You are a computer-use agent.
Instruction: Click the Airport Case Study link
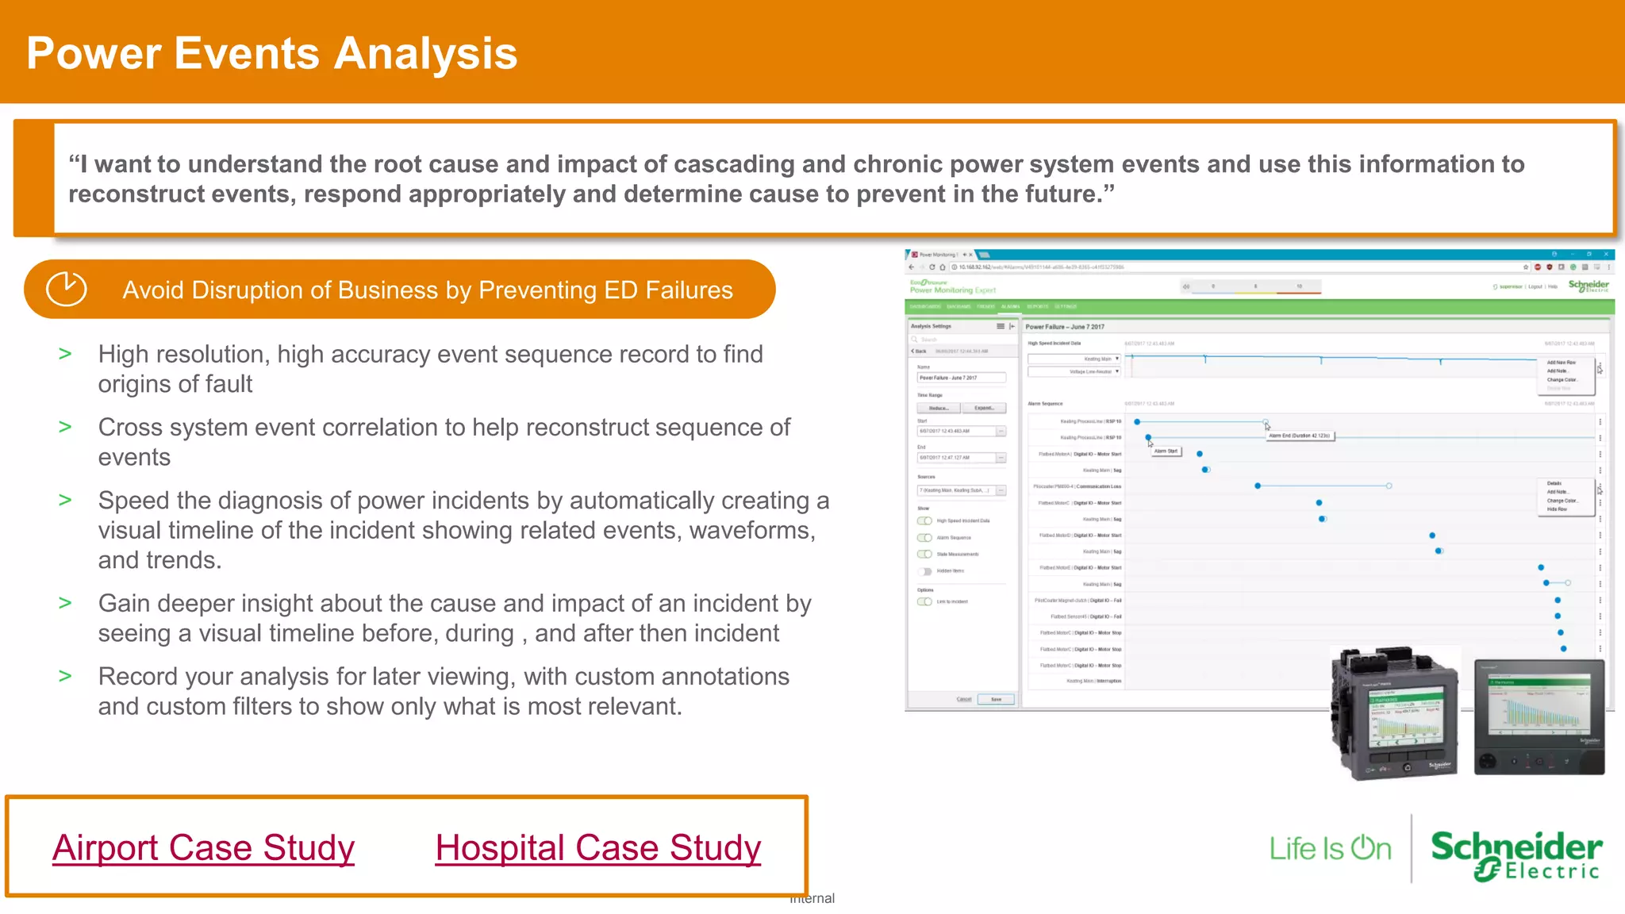(x=203, y=847)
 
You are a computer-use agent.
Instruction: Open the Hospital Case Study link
(x=597, y=847)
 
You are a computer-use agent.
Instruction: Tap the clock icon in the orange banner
(x=66, y=289)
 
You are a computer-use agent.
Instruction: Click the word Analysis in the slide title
(x=425, y=54)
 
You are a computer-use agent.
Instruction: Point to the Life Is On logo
(x=1330, y=848)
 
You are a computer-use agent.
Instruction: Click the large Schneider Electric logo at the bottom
(x=1516, y=855)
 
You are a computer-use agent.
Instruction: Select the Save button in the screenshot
(x=996, y=699)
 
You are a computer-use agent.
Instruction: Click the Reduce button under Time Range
(x=939, y=408)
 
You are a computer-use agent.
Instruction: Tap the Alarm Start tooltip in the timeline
(x=1166, y=451)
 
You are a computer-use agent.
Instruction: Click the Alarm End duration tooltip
(x=1300, y=436)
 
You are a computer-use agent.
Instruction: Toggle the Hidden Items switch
(x=925, y=571)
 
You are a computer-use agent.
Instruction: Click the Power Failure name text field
(x=961, y=378)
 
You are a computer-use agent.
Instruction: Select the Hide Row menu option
(x=1557, y=509)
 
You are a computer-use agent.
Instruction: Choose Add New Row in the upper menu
(x=1561, y=363)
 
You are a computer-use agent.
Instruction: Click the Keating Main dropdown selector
(x=1074, y=359)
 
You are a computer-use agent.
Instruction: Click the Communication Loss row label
(x=1078, y=486)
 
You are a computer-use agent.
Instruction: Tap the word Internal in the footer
(x=812, y=898)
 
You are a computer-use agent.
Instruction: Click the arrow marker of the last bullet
(x=65, y=676)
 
